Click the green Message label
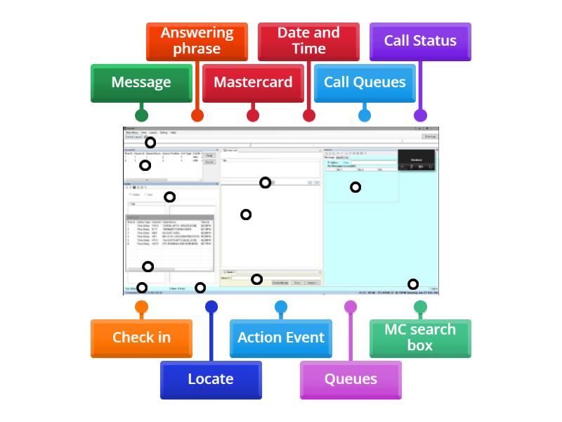pos(141,82)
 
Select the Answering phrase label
pos(197,41)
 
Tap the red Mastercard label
pos(253,82)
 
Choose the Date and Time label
pos(308,41)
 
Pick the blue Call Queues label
pos(365,82)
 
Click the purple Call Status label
pos(420,41)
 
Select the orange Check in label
pos(141,338)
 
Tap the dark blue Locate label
pos(211,379)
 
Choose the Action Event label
pos(281,338)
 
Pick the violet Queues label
pos(351,379)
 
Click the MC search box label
pos(420,338)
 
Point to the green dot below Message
pos(141,115)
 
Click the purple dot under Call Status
pos(420,115)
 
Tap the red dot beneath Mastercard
pos(253,115)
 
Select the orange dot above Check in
pos(141,307)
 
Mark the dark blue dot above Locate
pos(211,307)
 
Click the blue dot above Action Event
pos(281,307)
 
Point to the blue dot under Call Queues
pos(365,115)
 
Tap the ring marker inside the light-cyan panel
pos(355,187)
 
